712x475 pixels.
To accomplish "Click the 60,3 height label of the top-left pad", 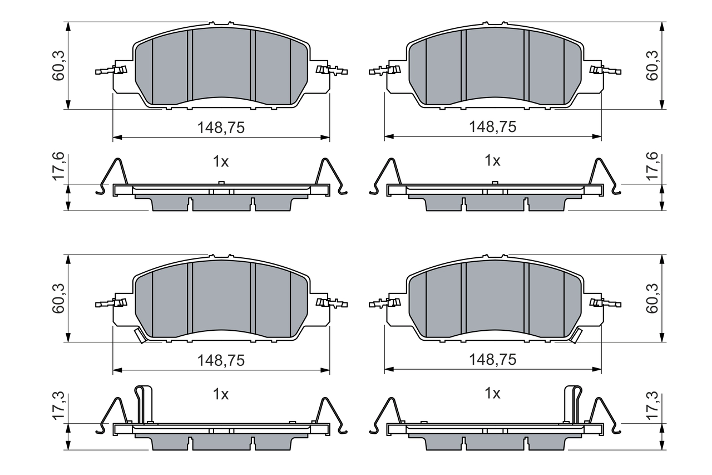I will (58, 66).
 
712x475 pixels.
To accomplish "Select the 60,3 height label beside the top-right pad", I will (652, 66).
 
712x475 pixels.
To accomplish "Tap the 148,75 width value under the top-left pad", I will (221, 128).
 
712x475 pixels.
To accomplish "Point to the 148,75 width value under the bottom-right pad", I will (492, 360).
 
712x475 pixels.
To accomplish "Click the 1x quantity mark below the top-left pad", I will (221, 161).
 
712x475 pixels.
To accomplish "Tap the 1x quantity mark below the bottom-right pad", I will (492, 394).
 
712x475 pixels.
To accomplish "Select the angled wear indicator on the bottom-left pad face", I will (140, 335).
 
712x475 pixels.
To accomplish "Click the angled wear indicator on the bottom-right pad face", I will (576, 335).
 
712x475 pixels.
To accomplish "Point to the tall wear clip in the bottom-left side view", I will (144, 404).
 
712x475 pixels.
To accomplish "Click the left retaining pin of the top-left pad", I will (111, 70).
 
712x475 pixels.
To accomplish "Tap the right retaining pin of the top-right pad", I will (605, 70).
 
